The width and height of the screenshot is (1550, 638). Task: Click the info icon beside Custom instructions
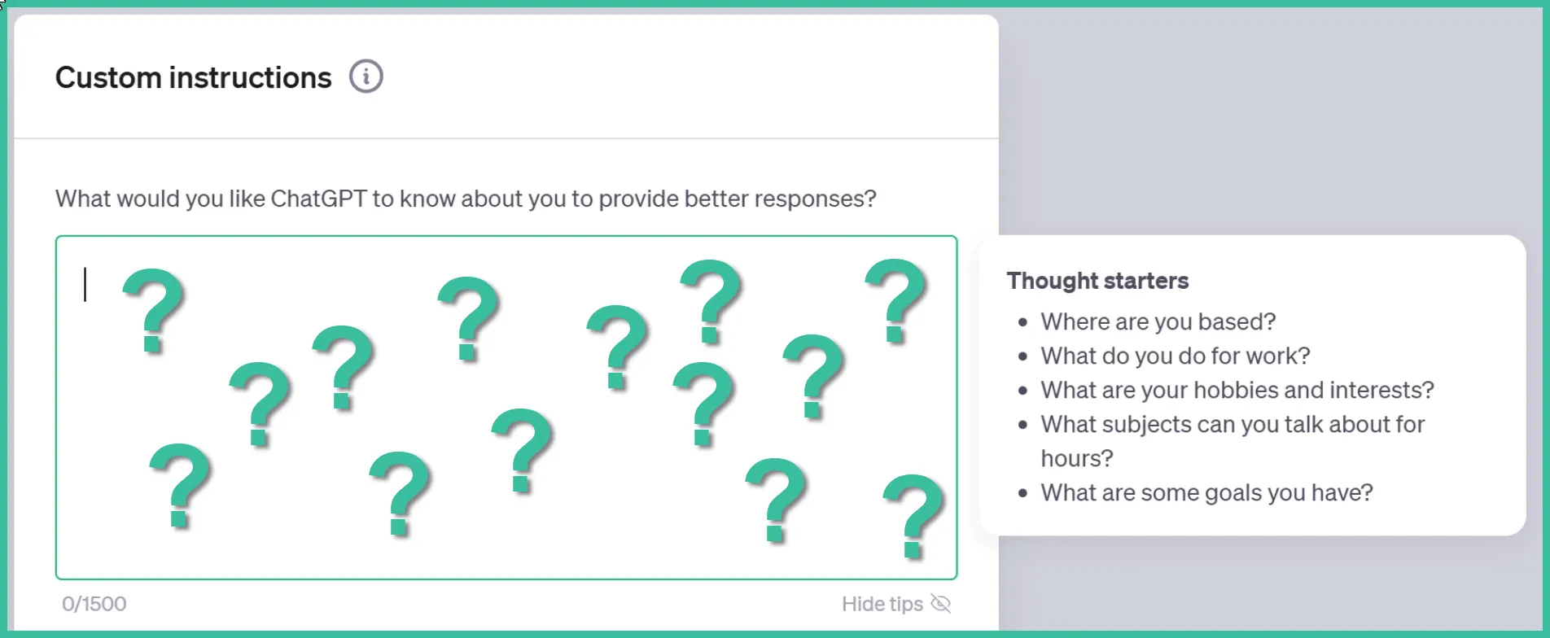(366, 76)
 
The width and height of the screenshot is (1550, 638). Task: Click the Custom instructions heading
(194, 77)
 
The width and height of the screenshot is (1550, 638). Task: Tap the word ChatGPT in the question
(318, 199)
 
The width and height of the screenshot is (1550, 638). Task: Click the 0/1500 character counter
(94, 604)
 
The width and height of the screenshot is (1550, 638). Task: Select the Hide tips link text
(882, 604)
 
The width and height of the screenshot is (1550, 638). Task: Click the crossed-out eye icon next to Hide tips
(941, 604)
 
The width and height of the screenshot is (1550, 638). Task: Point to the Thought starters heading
(1097, 281)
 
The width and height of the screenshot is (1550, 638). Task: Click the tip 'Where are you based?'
(1158, 321)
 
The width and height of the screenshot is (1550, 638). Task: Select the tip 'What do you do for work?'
(1176, 356)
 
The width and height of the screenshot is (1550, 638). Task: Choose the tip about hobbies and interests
(1237, 390)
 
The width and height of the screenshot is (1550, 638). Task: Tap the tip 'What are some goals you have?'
(1206, 492)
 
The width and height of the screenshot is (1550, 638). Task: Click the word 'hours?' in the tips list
(1076, 458)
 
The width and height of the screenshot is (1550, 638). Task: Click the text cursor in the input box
(85, 285)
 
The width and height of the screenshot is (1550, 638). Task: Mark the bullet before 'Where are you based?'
(1023, 322)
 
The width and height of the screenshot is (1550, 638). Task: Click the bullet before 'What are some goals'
(1023, 493)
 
